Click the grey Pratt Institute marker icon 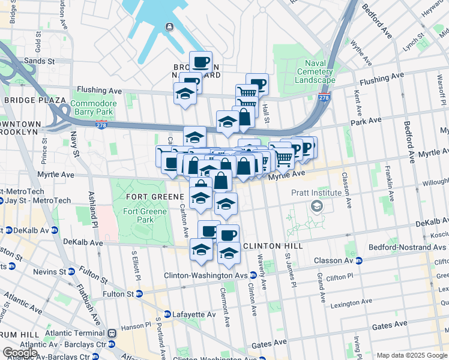[316, 206]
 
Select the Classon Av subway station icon [359, 261]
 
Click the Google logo [20, 352]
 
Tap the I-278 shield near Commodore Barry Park [101, 124]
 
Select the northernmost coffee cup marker [200, 61]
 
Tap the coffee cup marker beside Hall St [257, 83]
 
